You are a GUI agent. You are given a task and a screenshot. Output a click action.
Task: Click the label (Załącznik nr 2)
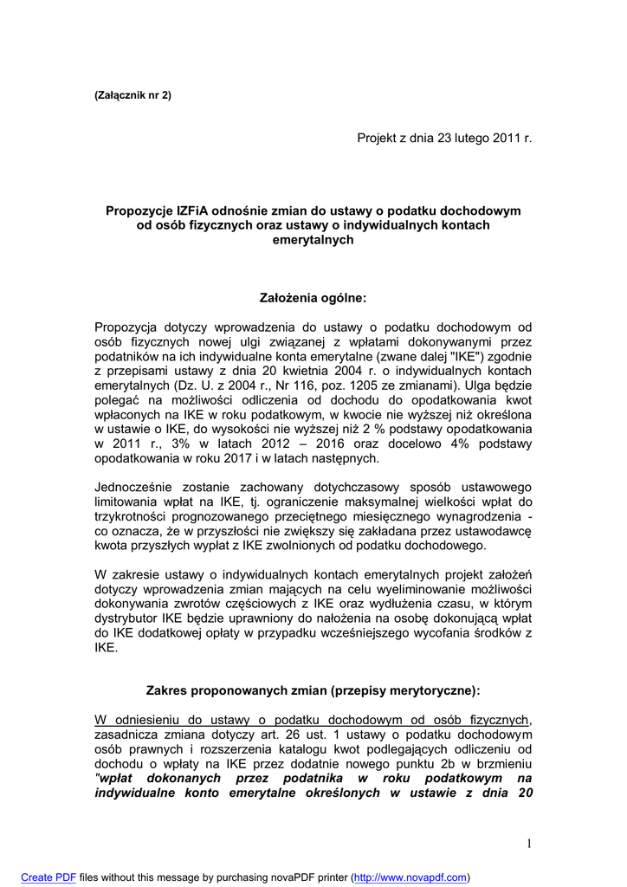[x=133, y=95]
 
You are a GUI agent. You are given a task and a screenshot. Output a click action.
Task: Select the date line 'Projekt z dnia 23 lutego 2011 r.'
[x=444, y=139]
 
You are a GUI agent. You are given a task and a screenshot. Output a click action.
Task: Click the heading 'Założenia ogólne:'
[x=313, y=298]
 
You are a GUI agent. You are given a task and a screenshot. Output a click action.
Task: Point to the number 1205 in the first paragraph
[x=378, y=385]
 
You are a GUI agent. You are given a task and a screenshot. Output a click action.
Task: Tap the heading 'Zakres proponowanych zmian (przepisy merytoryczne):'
[x=313, y=691]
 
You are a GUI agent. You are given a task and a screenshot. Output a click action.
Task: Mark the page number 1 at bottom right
[x=527, y=845]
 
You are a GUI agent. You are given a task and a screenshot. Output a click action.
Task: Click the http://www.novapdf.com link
[x=411, y=877]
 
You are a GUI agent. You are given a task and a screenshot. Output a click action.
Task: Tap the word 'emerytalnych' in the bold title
[x=313, y=240]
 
